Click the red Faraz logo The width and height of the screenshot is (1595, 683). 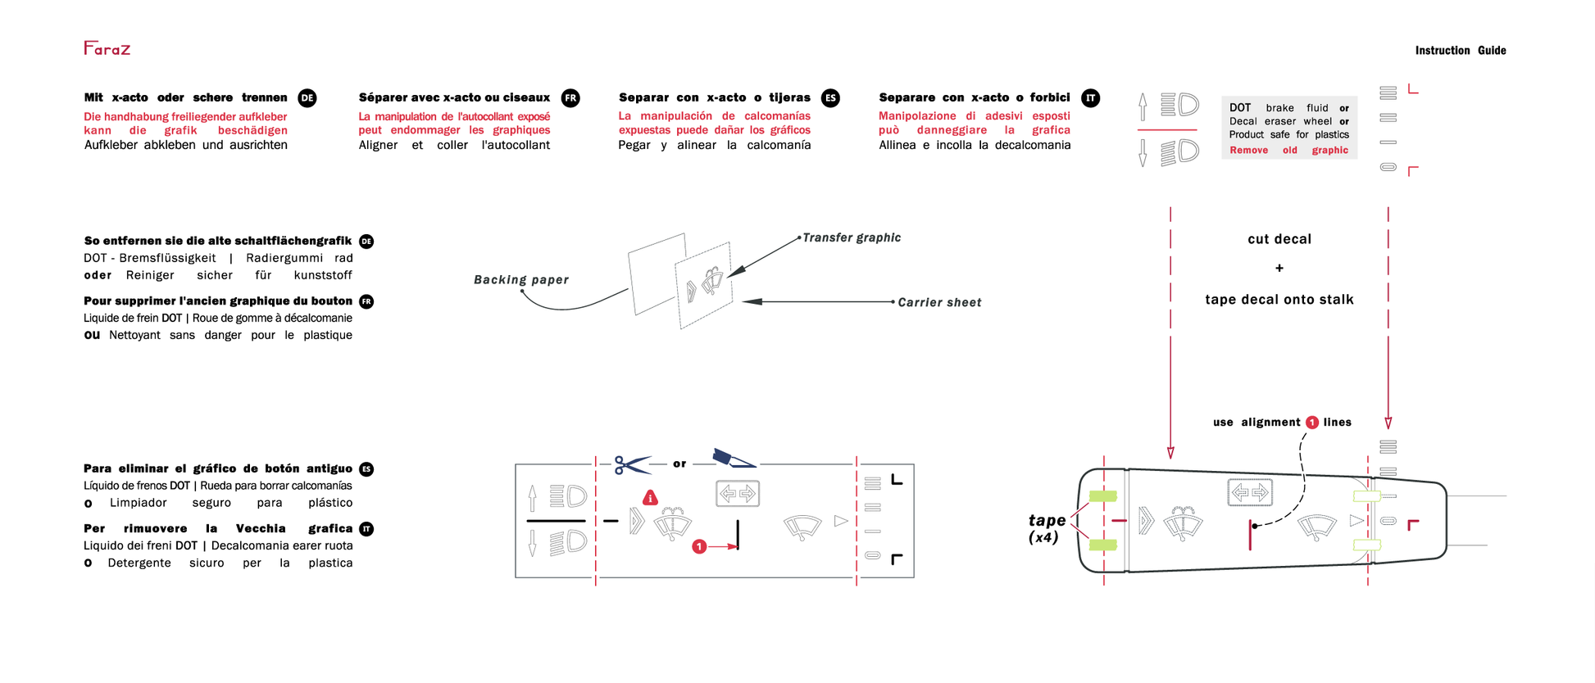107,48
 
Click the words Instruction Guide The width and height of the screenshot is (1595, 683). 1460,51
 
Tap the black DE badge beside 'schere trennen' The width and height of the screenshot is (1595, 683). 307,98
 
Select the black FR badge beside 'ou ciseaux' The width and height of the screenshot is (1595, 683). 570,98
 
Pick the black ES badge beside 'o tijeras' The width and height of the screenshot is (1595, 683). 830,98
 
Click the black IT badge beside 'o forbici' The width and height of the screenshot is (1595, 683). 1090,98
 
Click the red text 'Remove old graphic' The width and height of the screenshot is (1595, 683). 1288,151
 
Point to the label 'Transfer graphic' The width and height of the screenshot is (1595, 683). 851,237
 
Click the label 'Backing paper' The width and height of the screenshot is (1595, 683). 520,280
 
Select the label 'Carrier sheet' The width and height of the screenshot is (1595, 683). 939,303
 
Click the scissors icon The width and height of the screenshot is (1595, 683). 631,465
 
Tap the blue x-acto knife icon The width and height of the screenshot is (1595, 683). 733,459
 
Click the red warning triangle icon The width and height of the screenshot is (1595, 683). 650,498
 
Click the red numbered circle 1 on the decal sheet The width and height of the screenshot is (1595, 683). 699,546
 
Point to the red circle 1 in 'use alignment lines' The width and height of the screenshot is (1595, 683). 1312,423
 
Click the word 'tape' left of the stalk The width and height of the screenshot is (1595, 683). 1047,521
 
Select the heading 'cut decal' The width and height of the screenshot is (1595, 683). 1279,239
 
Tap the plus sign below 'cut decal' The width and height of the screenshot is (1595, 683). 1279,269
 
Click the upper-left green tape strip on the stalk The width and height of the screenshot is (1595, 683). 1102,496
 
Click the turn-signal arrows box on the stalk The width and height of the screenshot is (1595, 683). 1249,493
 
